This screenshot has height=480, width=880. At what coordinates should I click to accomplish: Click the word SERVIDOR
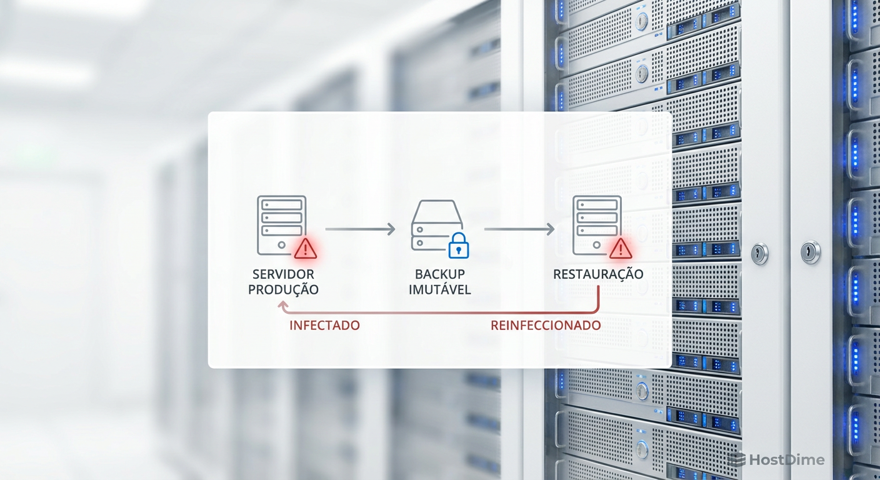click(283, 274)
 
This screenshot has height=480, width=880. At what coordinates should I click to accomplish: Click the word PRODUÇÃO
click(283, 289)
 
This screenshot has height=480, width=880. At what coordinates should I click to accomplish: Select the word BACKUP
click(440, 274)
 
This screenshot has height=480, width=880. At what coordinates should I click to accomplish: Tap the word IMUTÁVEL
click(440, 289)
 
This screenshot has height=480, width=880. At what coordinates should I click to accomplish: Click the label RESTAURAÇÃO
click(598, 274)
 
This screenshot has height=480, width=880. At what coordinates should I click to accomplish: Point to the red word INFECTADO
click(324, 326)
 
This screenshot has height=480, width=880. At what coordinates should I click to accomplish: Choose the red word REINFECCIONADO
click(546, 326)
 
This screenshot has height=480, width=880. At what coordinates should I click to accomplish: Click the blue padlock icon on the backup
click(459, 246)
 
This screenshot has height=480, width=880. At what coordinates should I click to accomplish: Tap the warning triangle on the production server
click(305, 249)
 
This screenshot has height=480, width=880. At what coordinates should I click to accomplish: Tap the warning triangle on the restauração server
click(621, 249)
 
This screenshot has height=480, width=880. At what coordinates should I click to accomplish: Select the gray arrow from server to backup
click(360, 229)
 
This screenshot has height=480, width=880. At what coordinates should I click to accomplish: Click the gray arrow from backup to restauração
click(519, 229)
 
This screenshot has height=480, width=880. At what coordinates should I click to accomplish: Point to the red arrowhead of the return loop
click(283, 307)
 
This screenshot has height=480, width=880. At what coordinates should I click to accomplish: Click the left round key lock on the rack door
click(759, 253)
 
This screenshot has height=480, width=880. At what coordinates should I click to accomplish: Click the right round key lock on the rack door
click(810, 252)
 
